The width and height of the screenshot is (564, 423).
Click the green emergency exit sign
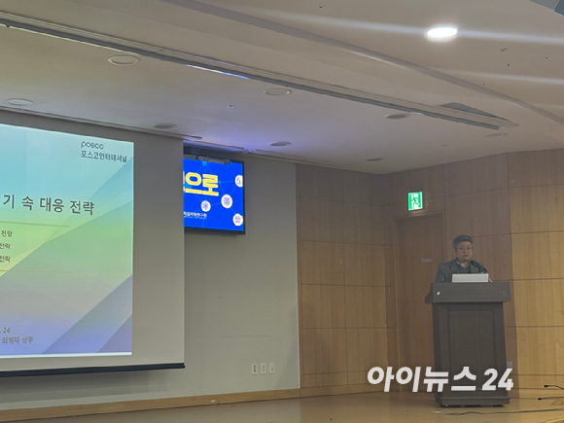[415, 200]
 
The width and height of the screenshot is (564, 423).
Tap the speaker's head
[462, 246]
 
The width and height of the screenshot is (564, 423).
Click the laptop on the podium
[471, 277]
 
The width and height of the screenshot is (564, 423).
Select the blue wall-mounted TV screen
[213, 194]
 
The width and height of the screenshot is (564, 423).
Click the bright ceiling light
[441, 33]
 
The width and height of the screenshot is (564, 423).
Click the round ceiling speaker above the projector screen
[123, 60]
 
